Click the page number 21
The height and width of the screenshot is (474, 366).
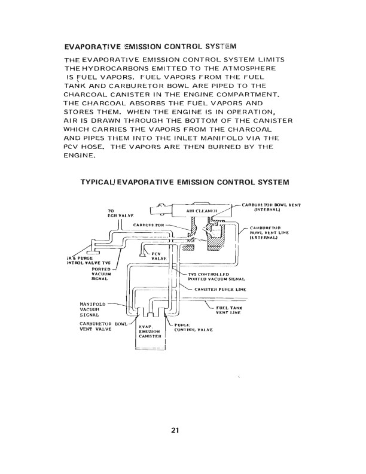175,430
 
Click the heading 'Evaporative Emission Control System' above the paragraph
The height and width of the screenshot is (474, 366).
150,46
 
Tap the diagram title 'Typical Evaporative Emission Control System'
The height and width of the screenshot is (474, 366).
185,181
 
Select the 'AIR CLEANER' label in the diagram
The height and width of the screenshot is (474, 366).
201,211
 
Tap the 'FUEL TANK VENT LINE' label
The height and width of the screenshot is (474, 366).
230,310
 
